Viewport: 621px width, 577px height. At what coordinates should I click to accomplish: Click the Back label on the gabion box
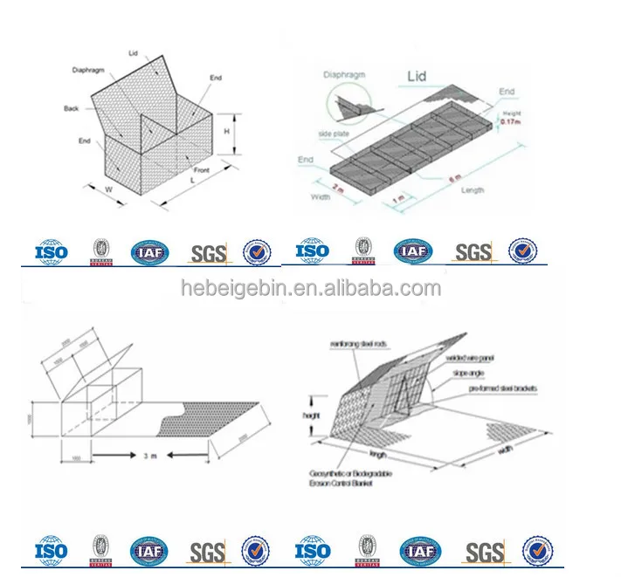click(x=72, y=109)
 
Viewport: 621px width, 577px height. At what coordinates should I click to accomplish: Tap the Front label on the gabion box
click(x=202, y=169)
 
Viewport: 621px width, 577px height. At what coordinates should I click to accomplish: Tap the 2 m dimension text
click(x=338, y=188)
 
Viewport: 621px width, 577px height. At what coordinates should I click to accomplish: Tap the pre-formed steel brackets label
click(x=502, y=388)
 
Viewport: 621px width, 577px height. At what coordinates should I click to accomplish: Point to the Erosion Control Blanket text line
click(x=345, y=483)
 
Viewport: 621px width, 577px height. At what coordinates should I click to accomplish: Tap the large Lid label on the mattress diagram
click(x=417, y=77)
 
